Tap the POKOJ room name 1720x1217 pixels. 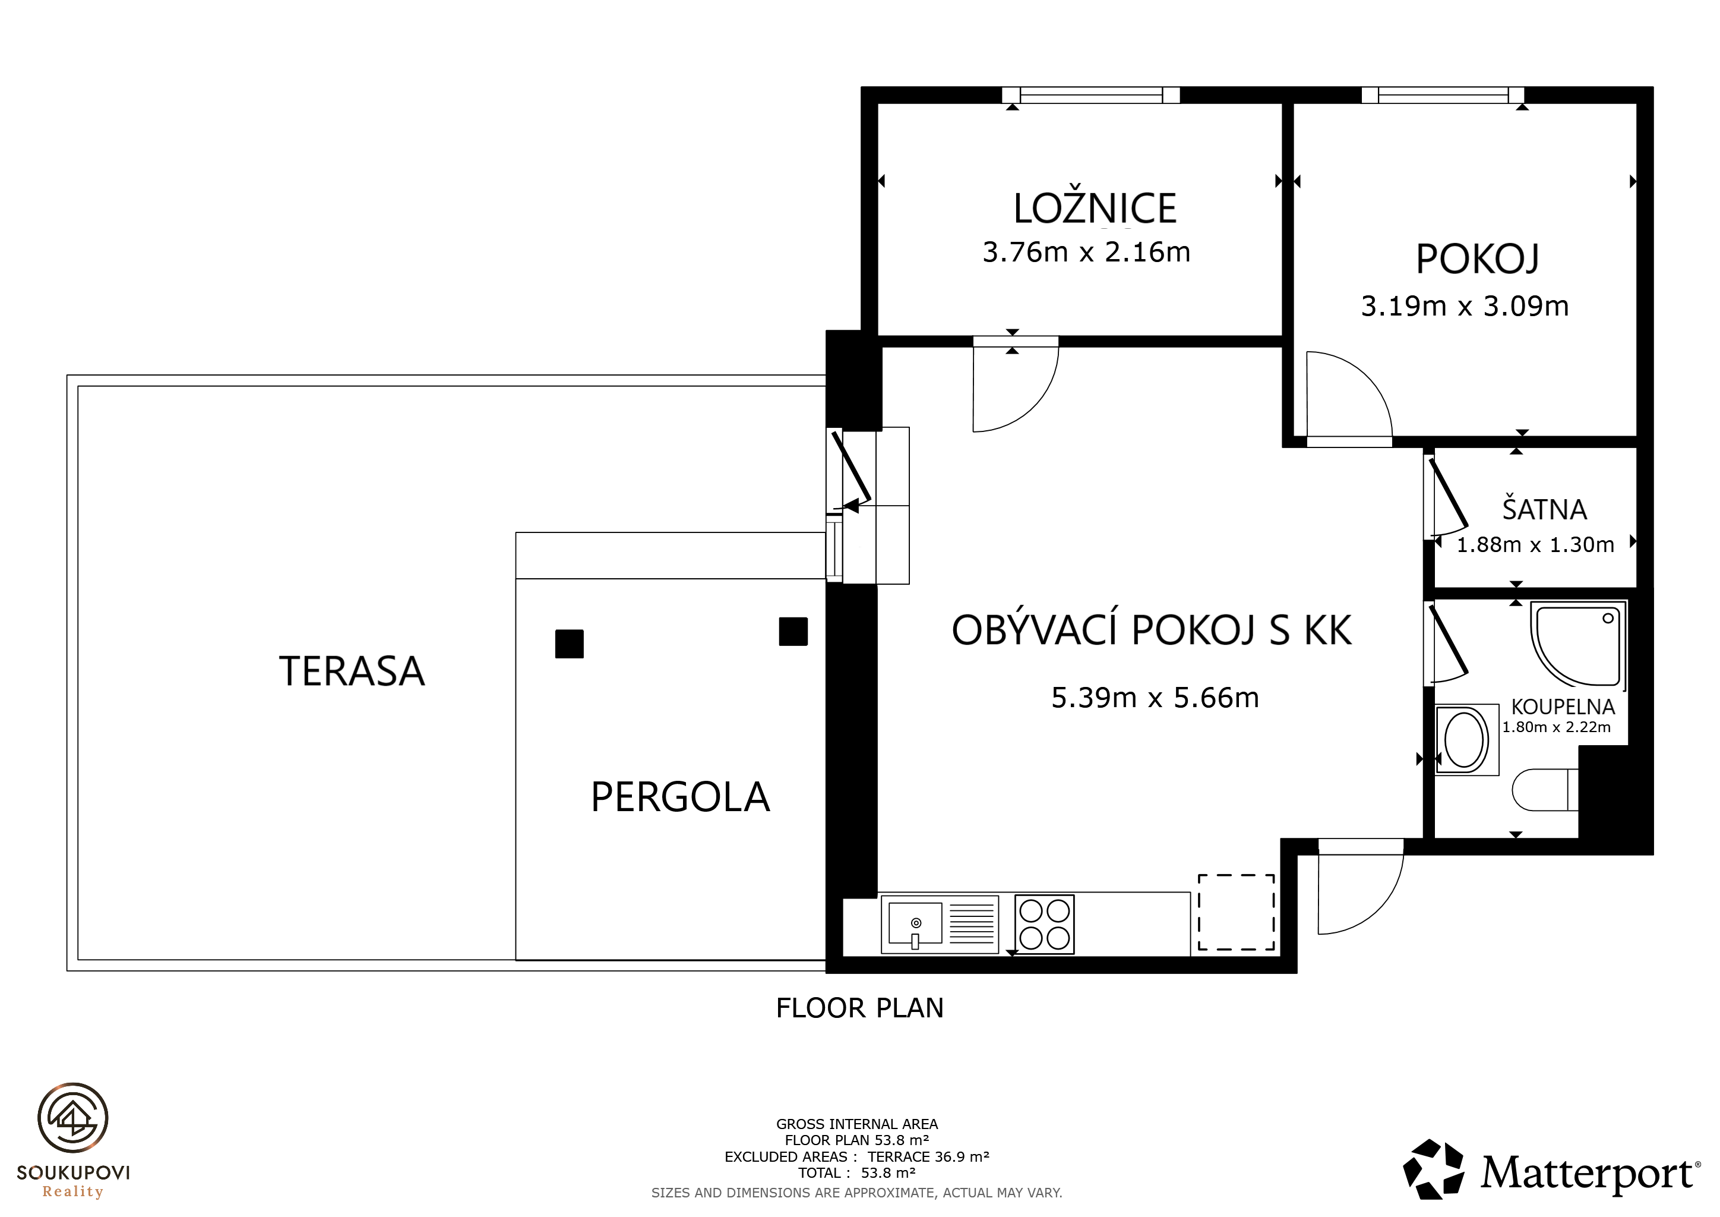(x=1477, y=259)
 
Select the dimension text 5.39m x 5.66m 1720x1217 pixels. (x=1155, y=698)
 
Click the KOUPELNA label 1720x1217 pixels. (x=1563, y=707)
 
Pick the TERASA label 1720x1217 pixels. (x=352, y=671)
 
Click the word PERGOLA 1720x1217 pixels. (x=680, y=797)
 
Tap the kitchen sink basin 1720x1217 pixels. (x=915, y=924)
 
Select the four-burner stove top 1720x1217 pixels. (x=1044, y=924)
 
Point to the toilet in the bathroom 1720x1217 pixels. (x=1545, y=790)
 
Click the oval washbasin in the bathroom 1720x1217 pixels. (x=1465, y=740)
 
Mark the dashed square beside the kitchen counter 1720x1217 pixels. (x=1236, y=912)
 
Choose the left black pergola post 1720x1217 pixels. (x=570, y=644)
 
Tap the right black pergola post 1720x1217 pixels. (x=793, y=631)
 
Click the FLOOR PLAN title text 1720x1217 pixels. (x=859, y=1008)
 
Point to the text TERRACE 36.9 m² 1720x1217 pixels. (x=928, y=1156)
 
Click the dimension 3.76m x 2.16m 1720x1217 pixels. (x=1086, y=252)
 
